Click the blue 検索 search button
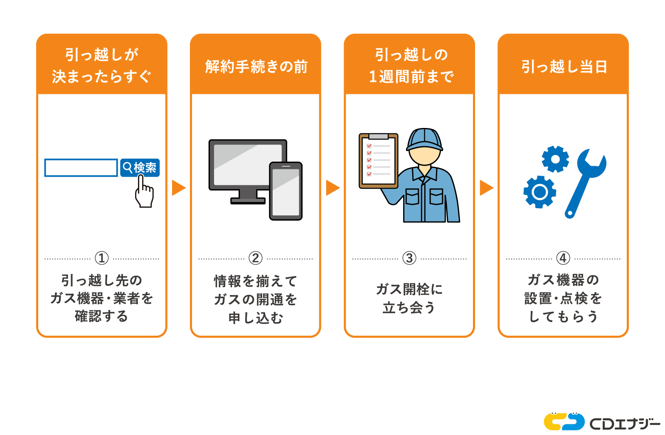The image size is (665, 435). point(140,167)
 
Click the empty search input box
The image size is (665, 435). point(81,168)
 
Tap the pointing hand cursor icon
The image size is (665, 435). point(144,194)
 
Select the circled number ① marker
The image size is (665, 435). point(101,258)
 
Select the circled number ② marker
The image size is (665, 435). point(255,258)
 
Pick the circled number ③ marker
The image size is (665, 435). point(409,258)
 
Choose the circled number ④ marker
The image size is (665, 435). point(563,258)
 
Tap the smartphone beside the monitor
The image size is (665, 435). point(286,191)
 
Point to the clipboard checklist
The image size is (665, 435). point(378,160)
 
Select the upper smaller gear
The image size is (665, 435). point(555,159)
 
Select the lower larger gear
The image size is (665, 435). point(539,192)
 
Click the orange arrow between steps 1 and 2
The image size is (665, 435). point(178,188)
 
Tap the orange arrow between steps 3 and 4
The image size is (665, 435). point(485,188)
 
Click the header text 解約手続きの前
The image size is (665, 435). point(256,66)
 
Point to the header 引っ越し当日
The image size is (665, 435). point(564,66)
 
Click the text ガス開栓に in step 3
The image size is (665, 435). point(409,289)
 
